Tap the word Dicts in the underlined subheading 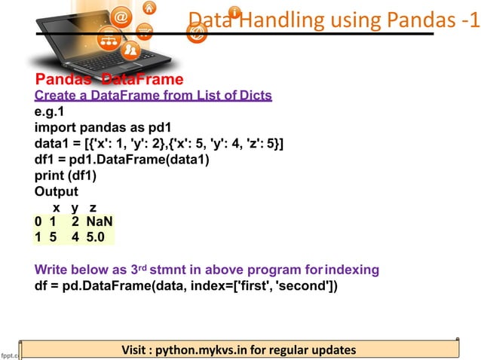pyautogui.click(x=255, y=96)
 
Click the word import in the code pyautogui.click(x=57, y=128)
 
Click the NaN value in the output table pyautogui.click(x=100, y=221)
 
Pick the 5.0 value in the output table pyautogui.click(x=99, y=237)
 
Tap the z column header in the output pyautogui.click(x=92, y=207)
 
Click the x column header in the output pyautogui.click(x=55, y=207)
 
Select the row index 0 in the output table pyautogui.click(x=38, y=221)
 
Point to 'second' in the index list pyautogui.click(x=308, y=285)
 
